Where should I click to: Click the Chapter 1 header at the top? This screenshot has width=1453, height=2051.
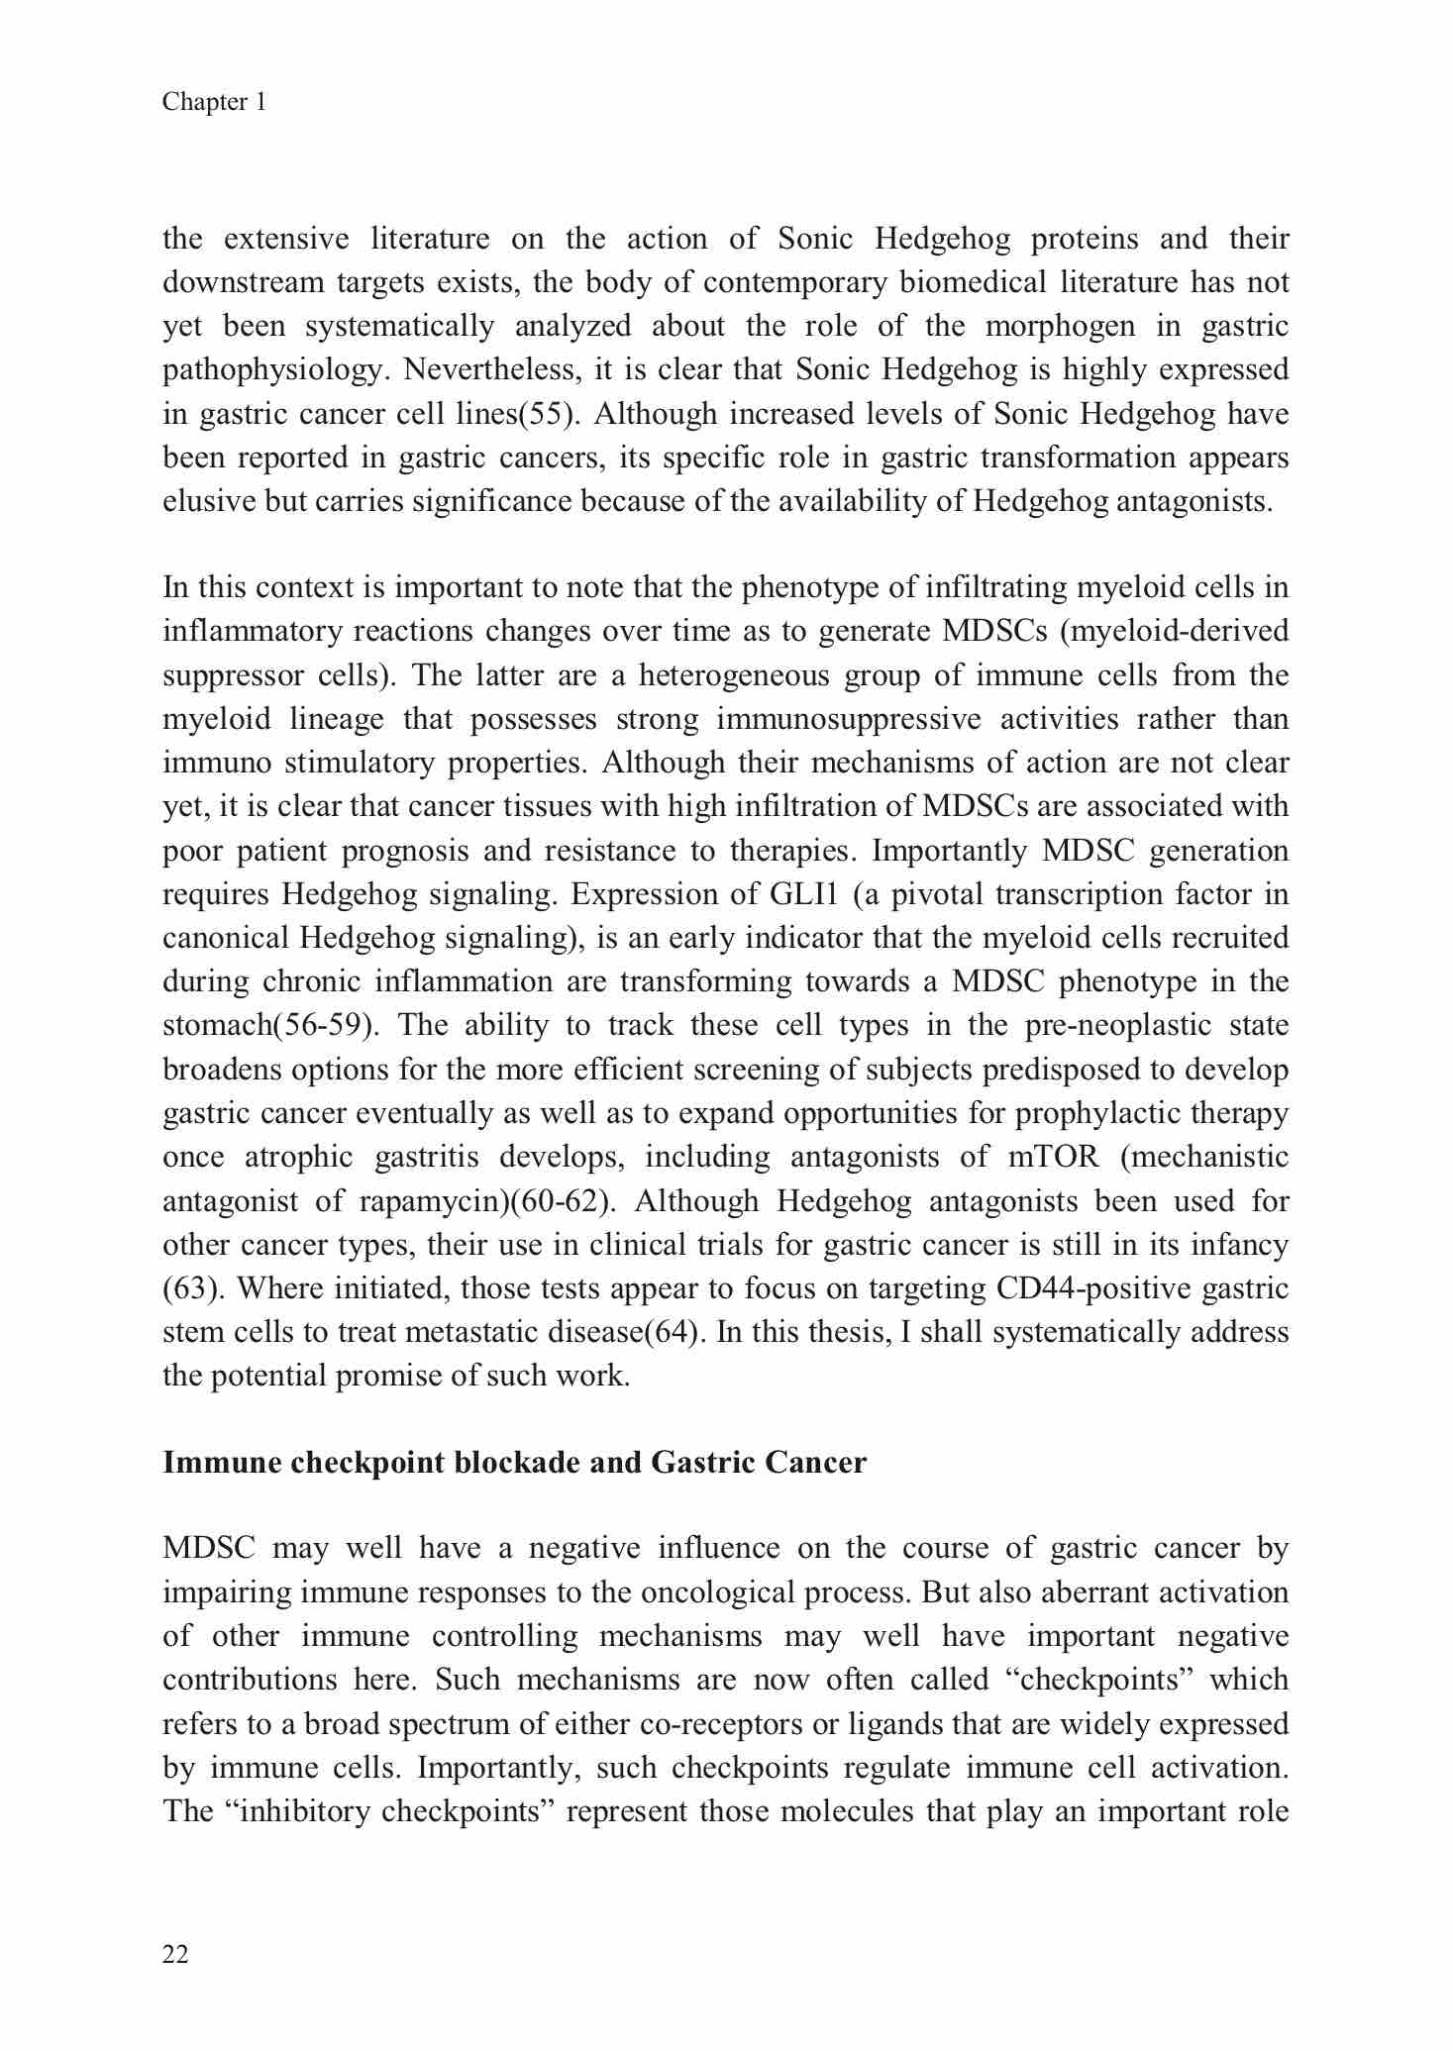(x=214, y=102)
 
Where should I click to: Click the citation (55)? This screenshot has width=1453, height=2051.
(x=548, y=414)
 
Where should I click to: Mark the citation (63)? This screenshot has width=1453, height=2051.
(x=184, y=1288)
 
